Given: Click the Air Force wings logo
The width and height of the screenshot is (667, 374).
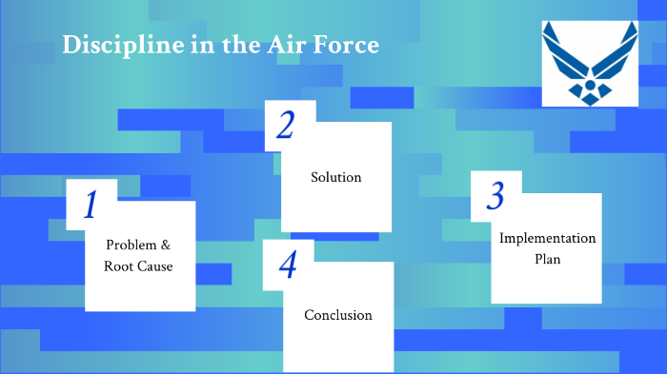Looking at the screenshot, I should [x=590, y=64].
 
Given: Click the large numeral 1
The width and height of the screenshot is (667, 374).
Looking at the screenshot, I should [x=91, y=206].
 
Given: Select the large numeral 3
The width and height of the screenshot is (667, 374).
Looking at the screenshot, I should [x=495, y=196].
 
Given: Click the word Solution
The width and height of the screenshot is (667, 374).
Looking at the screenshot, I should [x=336, y=177].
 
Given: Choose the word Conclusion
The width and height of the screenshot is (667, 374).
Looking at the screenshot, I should [x=338, y=315].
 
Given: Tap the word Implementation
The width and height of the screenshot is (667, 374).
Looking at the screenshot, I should [x=548, y=238].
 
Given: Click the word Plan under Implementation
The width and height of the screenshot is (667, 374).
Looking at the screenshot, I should [x=548, y=259].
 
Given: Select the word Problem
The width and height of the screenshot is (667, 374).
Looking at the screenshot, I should [x=131, y=245].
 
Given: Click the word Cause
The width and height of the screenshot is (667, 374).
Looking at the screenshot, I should [x=154, y=266].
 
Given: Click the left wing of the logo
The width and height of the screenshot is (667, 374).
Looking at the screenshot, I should [x=565, y=55].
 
